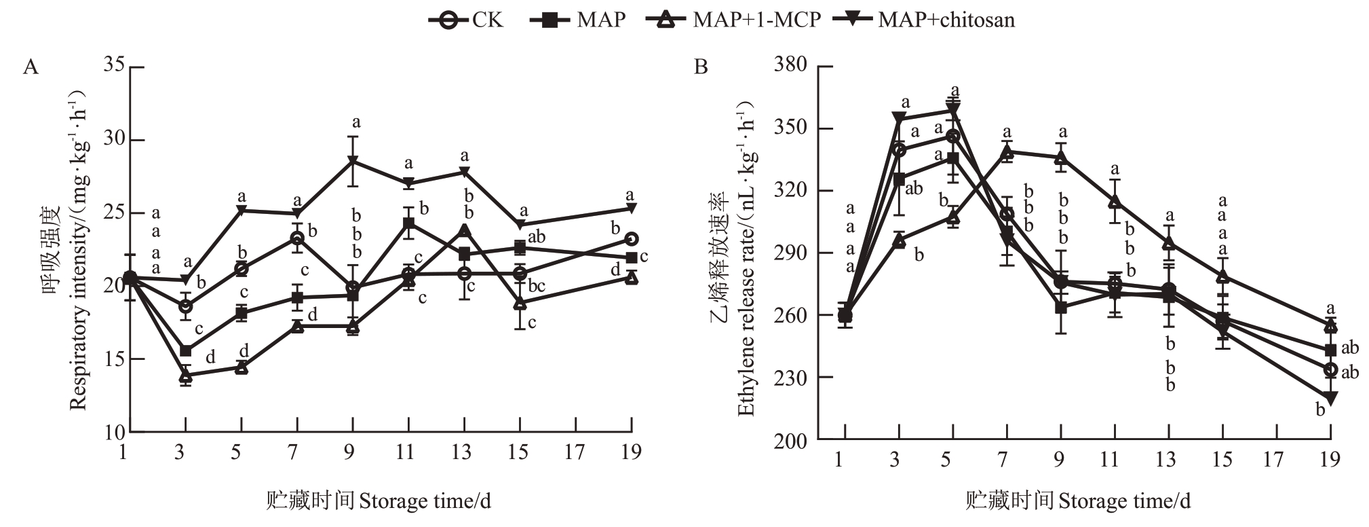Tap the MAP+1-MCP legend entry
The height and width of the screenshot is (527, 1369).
(733, 20)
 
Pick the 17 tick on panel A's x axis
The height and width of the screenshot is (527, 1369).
(575, 452)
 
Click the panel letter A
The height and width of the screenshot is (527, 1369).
(31, 67)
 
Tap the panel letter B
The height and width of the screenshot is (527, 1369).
(701, 67)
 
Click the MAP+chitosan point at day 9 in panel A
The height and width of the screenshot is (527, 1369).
(353, 161)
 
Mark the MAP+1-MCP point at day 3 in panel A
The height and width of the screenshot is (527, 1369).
(185, 375)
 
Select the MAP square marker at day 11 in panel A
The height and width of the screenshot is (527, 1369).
(408, 223)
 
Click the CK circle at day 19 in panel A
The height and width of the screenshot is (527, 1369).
(631, 239)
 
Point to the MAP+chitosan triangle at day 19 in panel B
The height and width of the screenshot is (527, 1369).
(1330, 398)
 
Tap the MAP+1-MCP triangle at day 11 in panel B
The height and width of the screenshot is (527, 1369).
(1114, 202)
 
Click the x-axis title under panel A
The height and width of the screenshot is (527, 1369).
(378, 501)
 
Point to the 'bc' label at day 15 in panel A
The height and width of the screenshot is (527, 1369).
(536, 286)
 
